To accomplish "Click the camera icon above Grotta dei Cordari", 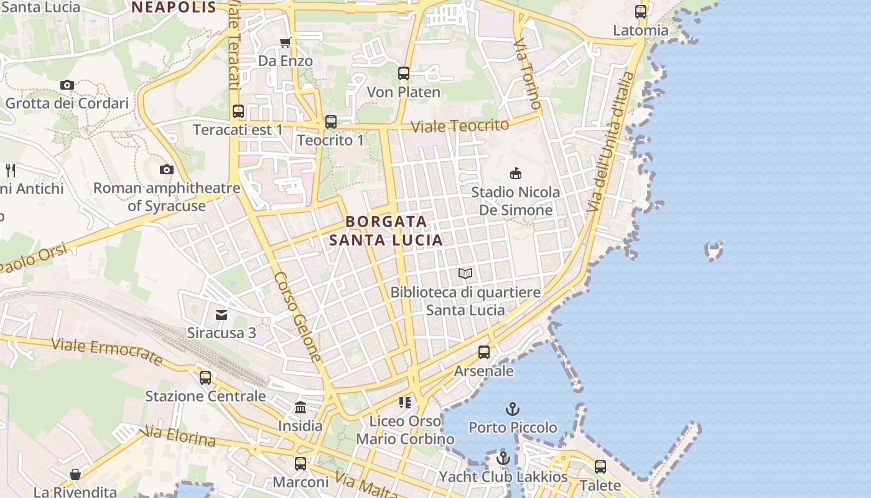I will pos(67,85).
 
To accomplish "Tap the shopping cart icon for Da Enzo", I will pos(285,42).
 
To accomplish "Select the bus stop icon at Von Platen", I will pos(404,73).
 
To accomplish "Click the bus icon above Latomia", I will pos(641,12).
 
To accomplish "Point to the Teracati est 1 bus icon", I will pos(238,111).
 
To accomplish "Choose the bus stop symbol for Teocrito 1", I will pos(331,122).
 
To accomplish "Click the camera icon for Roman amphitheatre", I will pos(166,169).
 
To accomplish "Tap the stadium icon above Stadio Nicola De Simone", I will pos(515,173).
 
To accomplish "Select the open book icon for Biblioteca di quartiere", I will pos(465,273).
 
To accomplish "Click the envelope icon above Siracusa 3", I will pos(221,314).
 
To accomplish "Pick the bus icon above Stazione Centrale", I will pos(205,378).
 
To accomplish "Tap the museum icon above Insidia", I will pos(300,408).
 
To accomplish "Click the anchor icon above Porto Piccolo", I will pos(513,409).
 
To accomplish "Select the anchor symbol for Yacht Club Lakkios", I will pos(503,459).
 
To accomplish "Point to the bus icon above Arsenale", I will pos(484,352).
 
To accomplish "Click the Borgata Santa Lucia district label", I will pos(386,230).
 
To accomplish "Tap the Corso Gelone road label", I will pos(298,317).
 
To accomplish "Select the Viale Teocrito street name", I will pos(460,125).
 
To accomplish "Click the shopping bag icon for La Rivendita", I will pos(75,474).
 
